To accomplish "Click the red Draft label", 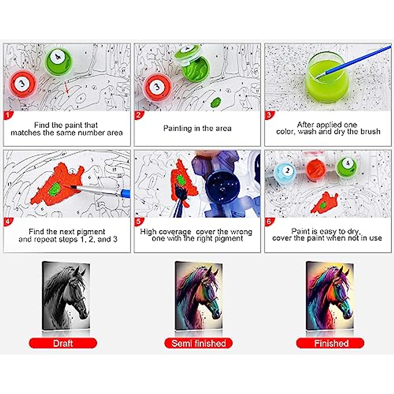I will pos(63,343).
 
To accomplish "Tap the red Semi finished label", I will pos(198,343).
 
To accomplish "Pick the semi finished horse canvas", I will pos(198,295).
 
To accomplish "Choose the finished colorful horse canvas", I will pos(330,295).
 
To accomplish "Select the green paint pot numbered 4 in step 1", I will pos(58,60).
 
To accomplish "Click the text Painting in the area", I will pos(197,128).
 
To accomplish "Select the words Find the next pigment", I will pos(67,231).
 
